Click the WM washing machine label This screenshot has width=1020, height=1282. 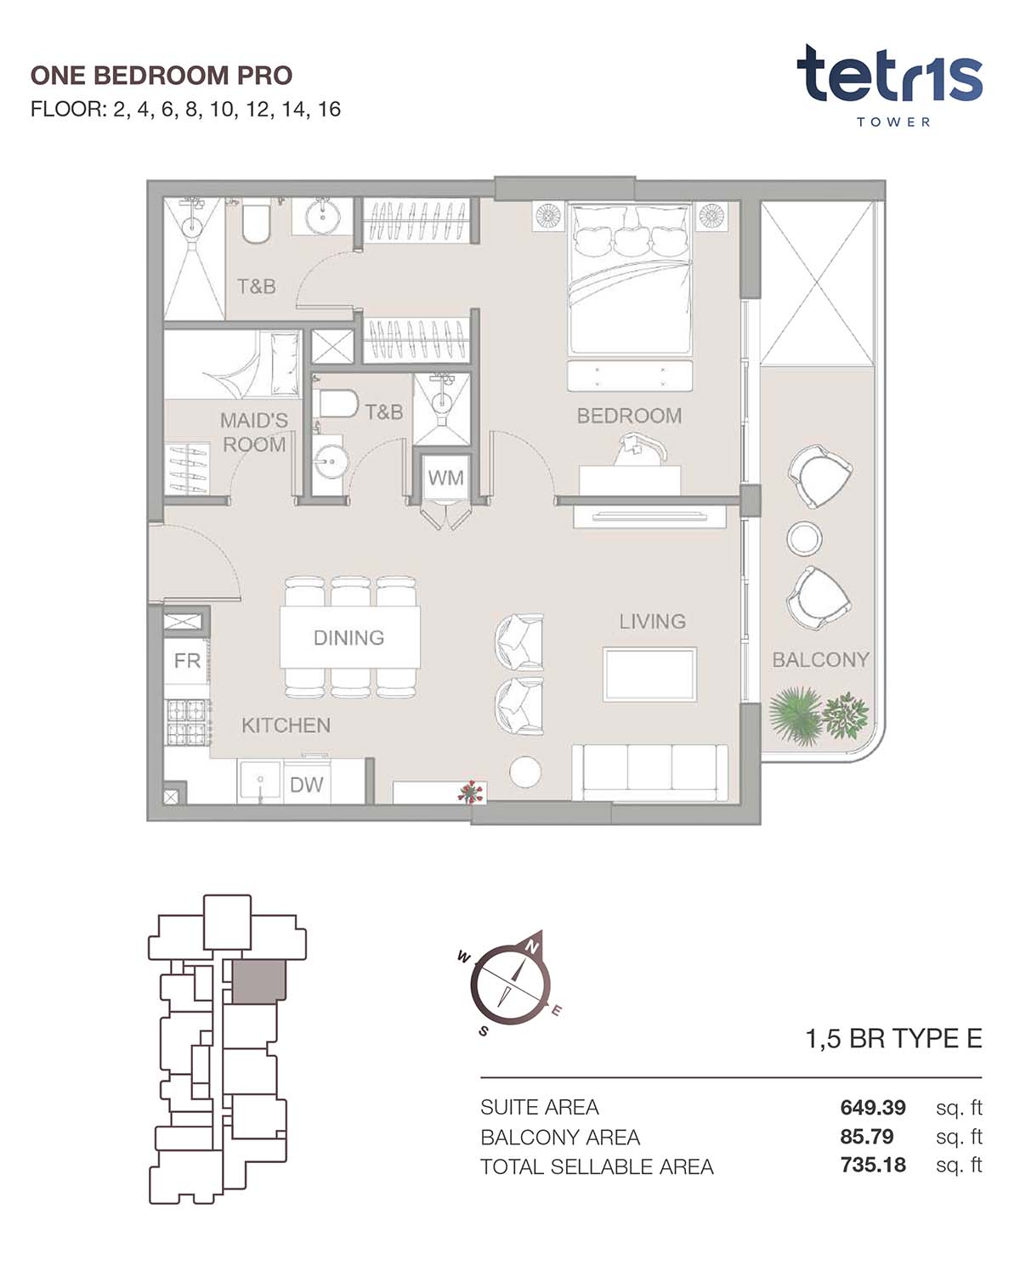(445, 477)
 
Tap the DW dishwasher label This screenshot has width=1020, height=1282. (306, 784)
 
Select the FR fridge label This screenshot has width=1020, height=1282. (187, 660)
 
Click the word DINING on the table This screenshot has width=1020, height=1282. (348, 637)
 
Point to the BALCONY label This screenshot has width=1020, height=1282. (820, 659)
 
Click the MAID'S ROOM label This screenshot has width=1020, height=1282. (254, 432)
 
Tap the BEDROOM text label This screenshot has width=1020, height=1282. (629, 415)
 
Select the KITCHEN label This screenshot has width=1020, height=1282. (286, 725)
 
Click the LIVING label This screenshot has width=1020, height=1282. (652, 621)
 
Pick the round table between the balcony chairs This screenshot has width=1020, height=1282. (804, 538)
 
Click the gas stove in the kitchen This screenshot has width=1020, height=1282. (188, 722)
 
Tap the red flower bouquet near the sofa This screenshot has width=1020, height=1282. (470, 792)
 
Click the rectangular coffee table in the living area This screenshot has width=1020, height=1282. (649, 674)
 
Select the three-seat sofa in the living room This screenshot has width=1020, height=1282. (649, 772)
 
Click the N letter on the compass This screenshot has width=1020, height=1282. (532, 946)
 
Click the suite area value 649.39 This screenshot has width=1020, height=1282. (873, 1108)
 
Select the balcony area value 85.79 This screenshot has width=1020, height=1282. (867, 1137)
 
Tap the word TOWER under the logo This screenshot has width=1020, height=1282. (893, 122)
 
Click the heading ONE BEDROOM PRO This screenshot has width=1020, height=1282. (161, 76)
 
